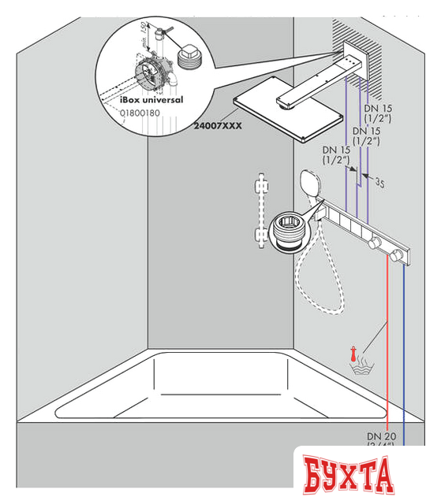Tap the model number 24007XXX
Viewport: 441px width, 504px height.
219,124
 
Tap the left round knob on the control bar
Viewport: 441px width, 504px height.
376,243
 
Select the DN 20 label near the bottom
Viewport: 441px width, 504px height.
381,436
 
